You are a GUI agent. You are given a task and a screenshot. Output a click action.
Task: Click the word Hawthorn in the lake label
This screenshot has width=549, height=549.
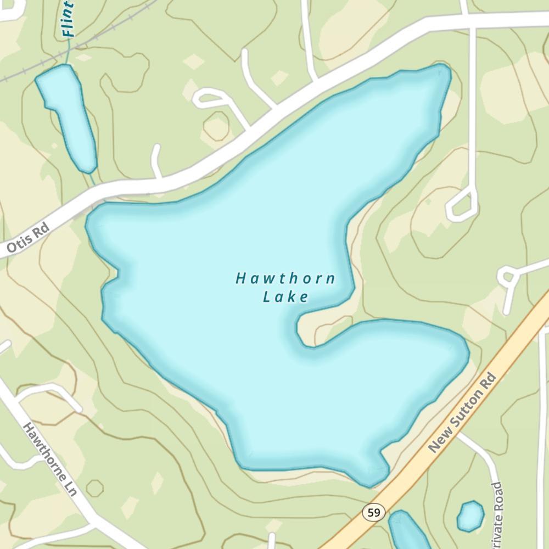point(285,278)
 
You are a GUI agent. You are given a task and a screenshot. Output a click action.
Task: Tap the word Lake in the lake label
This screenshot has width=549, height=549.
point(285,298)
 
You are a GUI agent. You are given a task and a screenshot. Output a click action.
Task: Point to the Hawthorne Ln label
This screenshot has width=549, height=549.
point(49,460)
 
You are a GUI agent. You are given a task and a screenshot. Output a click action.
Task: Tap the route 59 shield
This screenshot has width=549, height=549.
point(374,513)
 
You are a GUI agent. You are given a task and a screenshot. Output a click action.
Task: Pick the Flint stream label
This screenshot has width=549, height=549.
point(68,19)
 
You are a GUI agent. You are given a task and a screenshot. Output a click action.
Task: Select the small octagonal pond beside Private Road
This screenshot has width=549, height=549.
point(470,516)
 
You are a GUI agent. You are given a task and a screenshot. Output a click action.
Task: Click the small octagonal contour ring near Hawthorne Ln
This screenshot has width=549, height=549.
point(94,488)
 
